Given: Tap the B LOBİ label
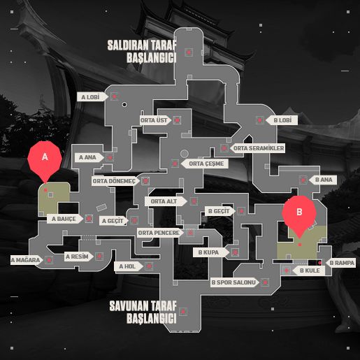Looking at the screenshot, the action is [282, 120].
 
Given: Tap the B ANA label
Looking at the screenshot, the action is [323, 180].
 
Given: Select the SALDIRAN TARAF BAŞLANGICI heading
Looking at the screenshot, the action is [142, 52].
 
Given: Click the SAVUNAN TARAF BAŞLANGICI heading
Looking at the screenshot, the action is [143, 312].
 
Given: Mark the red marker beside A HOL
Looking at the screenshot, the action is [149, 266].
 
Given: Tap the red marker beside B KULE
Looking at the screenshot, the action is [287, 271].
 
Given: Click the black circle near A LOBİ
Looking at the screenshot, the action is [124, 104].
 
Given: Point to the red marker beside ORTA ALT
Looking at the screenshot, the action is [194, 201].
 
